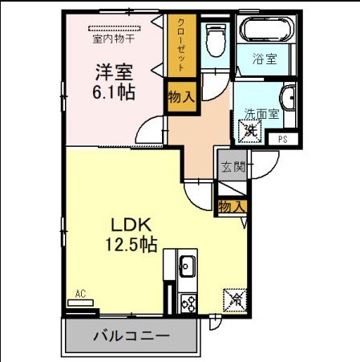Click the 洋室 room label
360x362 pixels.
(x=114, y=72)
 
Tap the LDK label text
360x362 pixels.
(x=131, y=225)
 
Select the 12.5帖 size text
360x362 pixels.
(x=131, y=245)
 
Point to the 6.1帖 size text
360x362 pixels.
(x=114, y=92)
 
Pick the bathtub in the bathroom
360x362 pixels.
(x=266, y=29)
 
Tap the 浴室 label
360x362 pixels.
(x=265, y=59)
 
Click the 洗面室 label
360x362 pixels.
(x=261, y=114)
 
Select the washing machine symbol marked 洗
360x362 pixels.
(x=250, y=131)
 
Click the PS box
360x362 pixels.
(x=283, y=139)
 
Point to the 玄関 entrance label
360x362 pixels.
(x=233, y=167)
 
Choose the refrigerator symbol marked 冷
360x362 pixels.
(x=235, y=300)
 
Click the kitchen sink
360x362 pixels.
(x=187, y=266)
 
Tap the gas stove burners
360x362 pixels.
(x=188, y=303)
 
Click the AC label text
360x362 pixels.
(x=80, y=294)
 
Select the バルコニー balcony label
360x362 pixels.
(x=131, y=336)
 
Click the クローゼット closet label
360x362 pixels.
(x=181, y=45)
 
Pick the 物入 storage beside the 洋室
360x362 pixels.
(x=181, y=96)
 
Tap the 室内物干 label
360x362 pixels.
(x=114, y=39)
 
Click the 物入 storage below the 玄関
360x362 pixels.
(x=232, y=207)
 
